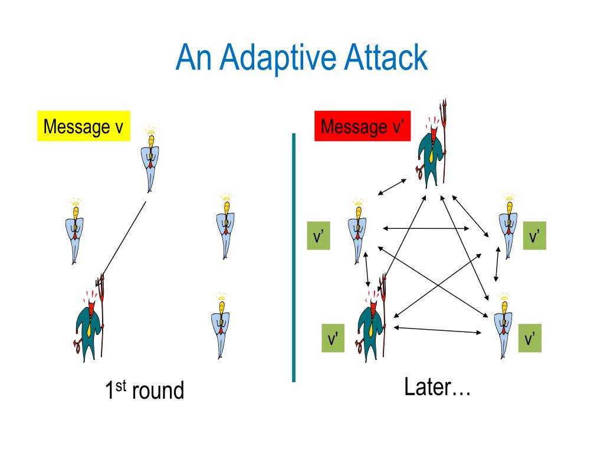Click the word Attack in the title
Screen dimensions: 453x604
387,58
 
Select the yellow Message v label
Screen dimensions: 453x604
83,126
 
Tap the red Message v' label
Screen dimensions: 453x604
362,126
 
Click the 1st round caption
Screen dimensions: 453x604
145,390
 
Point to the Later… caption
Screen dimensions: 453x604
437,388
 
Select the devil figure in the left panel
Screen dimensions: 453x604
90,321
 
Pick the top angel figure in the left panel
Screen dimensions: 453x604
151,159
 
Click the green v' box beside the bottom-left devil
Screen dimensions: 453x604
333,339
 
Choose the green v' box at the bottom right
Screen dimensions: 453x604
530,339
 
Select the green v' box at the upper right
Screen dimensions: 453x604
534,236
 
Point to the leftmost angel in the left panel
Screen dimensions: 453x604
74,231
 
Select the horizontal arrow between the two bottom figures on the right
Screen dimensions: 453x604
437,330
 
